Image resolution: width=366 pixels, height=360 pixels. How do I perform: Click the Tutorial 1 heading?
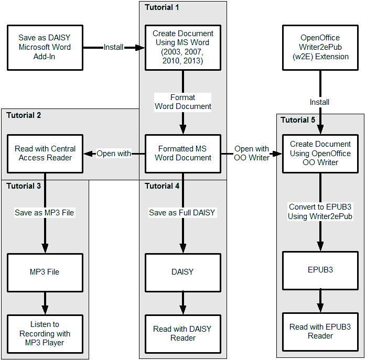(162, 7)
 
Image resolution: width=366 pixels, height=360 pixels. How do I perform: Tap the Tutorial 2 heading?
(24, 115)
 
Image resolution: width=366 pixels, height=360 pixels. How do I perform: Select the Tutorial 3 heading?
(24, 186)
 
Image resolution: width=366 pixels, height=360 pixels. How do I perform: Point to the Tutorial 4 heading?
(162, 186)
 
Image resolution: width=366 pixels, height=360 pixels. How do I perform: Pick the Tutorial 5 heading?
(298, 120)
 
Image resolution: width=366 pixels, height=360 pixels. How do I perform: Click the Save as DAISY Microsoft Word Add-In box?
(45, 48)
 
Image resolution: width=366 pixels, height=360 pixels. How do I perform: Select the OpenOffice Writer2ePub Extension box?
(320, 48)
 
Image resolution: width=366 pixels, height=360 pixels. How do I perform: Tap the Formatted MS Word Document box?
(183, 154)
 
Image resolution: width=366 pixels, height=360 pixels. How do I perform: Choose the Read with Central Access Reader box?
(45, 154)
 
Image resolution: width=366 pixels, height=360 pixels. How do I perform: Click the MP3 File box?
(45, 272)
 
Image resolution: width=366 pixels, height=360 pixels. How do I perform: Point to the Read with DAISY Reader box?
(183, 334)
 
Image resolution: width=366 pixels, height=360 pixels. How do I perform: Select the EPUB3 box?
(320, 270)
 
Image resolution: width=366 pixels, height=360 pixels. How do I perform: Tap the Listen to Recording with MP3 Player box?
(45, 334)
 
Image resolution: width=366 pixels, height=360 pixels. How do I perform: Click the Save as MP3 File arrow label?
(45, 213)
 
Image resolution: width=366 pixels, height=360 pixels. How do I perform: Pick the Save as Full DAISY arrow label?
(182, 213)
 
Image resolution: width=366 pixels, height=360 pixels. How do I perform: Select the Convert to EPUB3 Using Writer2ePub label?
(320, 211)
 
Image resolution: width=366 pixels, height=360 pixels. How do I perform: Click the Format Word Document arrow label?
(183, 102)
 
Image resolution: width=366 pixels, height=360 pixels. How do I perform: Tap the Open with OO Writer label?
(252, 153)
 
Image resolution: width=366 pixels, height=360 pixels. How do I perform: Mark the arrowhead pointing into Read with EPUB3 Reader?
(320, 308)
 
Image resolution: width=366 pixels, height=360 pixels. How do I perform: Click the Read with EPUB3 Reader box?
(320, 332)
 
